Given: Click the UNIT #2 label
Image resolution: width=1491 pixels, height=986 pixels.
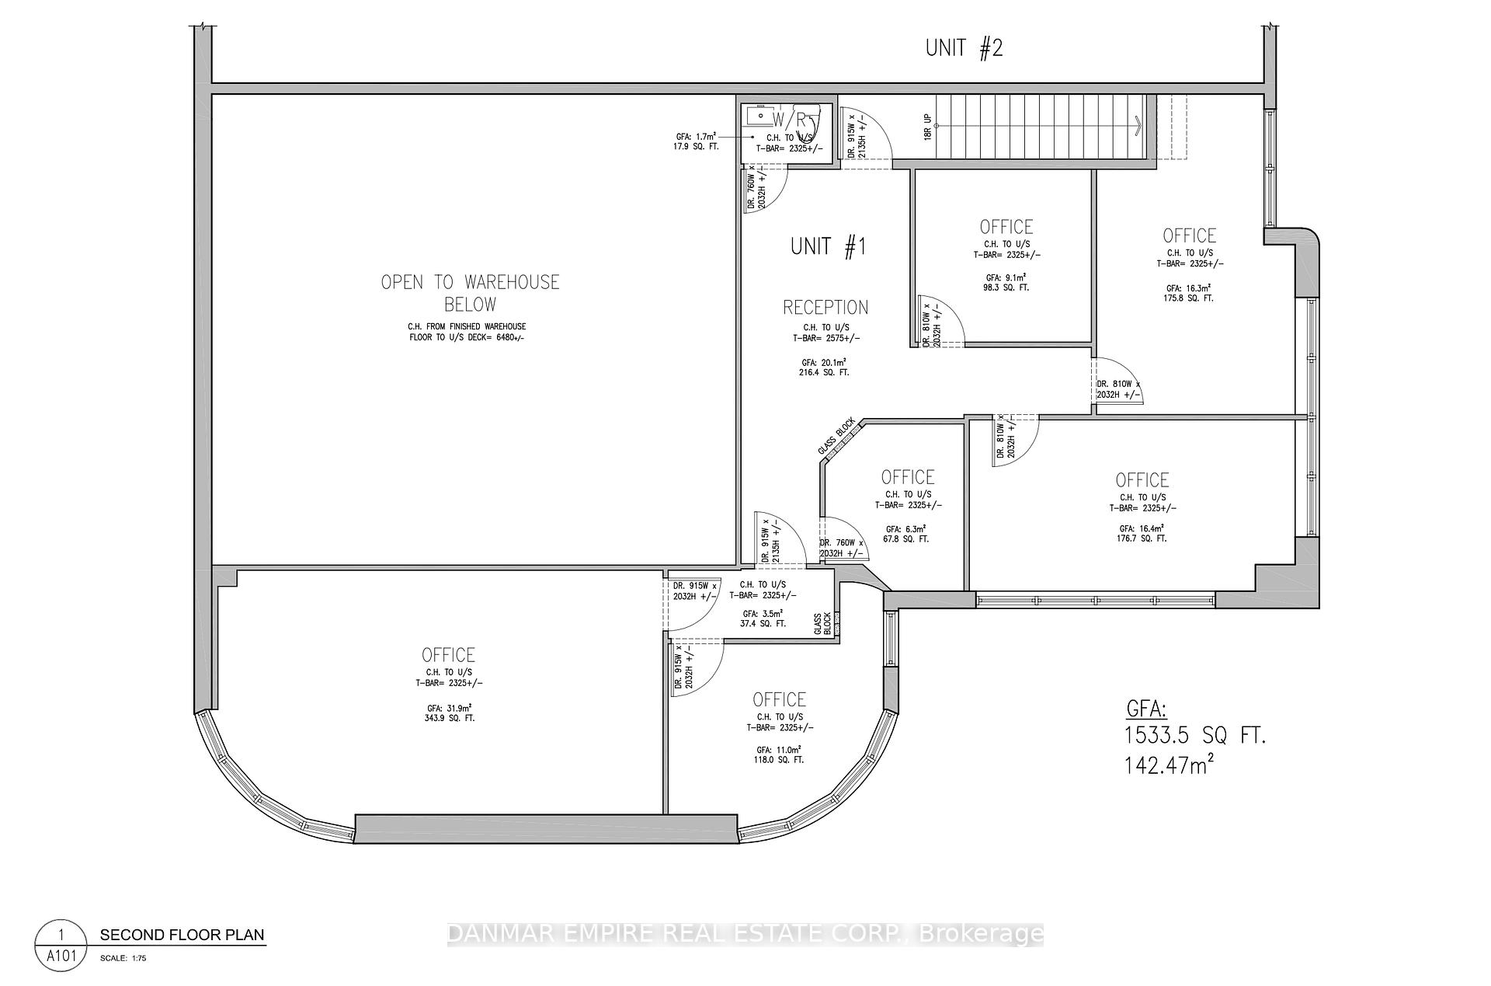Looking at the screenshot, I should click(x=964, y=48).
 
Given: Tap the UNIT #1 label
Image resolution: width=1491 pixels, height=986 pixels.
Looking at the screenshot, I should click(x=828, y=247).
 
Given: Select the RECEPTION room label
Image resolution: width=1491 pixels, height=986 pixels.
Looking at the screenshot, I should click(x=825, y=307).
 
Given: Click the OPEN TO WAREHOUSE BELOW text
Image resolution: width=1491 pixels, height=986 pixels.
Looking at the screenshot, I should click(x=470, y=292).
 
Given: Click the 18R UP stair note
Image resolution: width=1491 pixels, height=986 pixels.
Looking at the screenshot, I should click(x=928, y=125).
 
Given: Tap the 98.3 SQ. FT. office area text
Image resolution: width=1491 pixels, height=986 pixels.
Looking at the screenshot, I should click(x=1006, y=287).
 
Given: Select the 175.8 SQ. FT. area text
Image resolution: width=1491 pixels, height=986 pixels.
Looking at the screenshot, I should click(x=1189, y=298).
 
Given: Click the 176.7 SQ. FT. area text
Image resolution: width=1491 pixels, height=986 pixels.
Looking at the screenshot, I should click(x=1142, y=538).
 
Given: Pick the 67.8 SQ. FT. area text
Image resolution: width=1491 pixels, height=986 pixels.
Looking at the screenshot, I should click(x=907, y=538).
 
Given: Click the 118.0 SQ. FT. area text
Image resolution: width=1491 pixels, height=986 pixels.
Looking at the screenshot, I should click(x=780, y=760).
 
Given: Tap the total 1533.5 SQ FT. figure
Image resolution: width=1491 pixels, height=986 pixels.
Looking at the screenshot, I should click(x=1195, y=736).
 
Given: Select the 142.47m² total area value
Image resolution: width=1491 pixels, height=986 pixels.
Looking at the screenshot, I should click(x=1169, y=766).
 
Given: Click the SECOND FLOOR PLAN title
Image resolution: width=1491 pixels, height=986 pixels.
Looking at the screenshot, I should click(x=182, y=935).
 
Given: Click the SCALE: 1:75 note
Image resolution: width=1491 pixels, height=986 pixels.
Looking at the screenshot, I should click(x=123, y=959).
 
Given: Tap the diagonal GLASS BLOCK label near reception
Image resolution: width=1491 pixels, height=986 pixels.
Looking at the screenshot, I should click(x=836, y=437).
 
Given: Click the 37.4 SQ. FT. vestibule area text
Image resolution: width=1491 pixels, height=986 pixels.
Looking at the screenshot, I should click(x=762, y=623).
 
